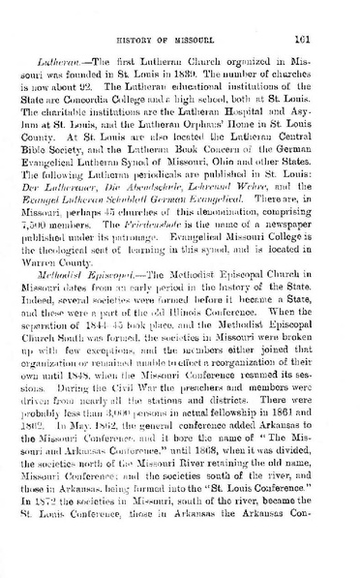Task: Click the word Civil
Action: click(x=135, y=411)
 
